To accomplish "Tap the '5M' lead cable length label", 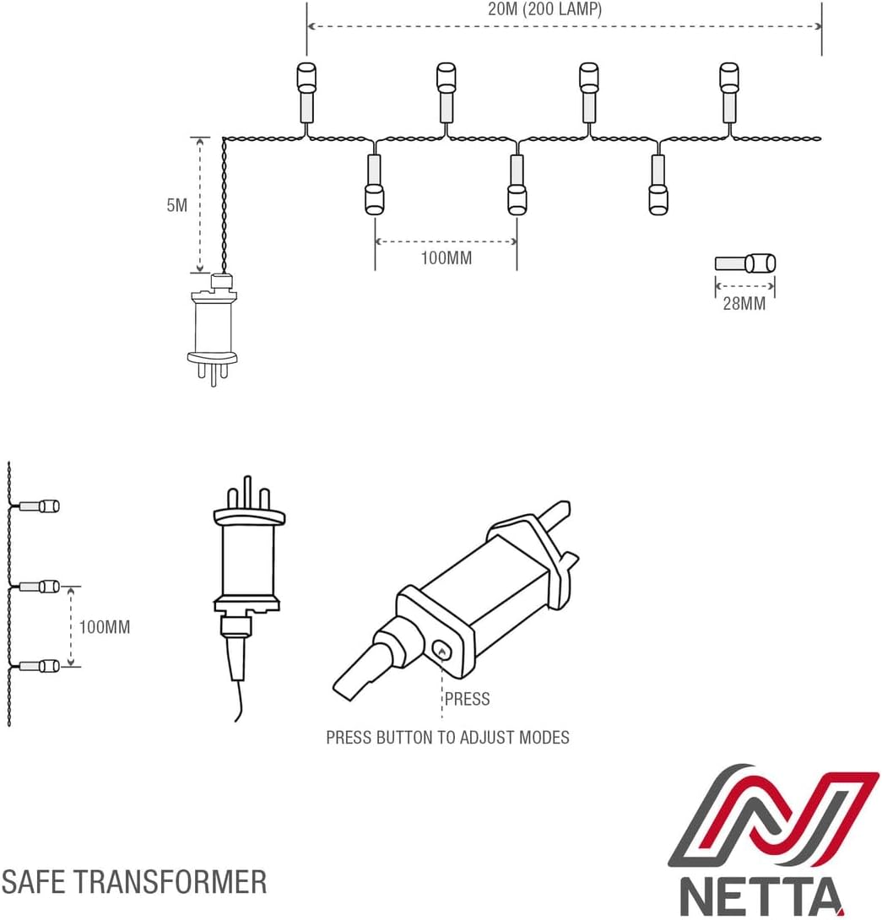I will [177, 205].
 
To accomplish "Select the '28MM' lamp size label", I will [744, 304].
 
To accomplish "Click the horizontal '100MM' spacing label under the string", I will [446, 258].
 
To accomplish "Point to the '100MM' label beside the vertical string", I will [105, 627].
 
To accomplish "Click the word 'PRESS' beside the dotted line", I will [467, 699].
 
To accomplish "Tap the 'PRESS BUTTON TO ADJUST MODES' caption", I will [447, 738].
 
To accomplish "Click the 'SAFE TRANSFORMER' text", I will [134, 882].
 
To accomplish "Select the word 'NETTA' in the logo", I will [762, 896].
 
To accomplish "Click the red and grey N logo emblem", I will [772, 815].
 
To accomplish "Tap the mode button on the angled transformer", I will [441, 649].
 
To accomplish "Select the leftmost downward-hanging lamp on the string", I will [374, 186].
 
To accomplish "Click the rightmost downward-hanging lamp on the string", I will [658, 186].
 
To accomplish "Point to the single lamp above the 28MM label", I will [745, 263].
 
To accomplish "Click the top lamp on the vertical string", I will [38, 506].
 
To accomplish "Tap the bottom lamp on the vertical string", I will [38, 666].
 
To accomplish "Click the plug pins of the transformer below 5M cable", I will [213, 371].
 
